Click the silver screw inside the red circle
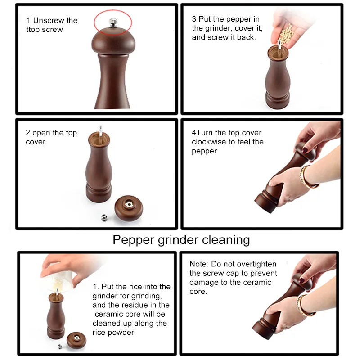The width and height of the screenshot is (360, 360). (113, 23)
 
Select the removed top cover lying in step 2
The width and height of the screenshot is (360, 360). (129, 208)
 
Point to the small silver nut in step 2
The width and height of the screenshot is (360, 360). (104, 218)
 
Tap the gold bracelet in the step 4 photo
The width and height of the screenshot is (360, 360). (307, 177)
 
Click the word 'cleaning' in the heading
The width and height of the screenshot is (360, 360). (226, 240)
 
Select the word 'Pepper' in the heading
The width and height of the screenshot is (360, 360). (133, 240)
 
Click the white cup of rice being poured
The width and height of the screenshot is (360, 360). (59, 280)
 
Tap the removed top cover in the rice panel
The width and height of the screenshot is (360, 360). (76, 340)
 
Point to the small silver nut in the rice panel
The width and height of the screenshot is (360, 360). (60, 346)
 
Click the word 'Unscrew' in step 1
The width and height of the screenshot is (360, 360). (49, 20)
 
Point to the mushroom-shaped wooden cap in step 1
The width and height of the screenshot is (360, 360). (113, 41)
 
